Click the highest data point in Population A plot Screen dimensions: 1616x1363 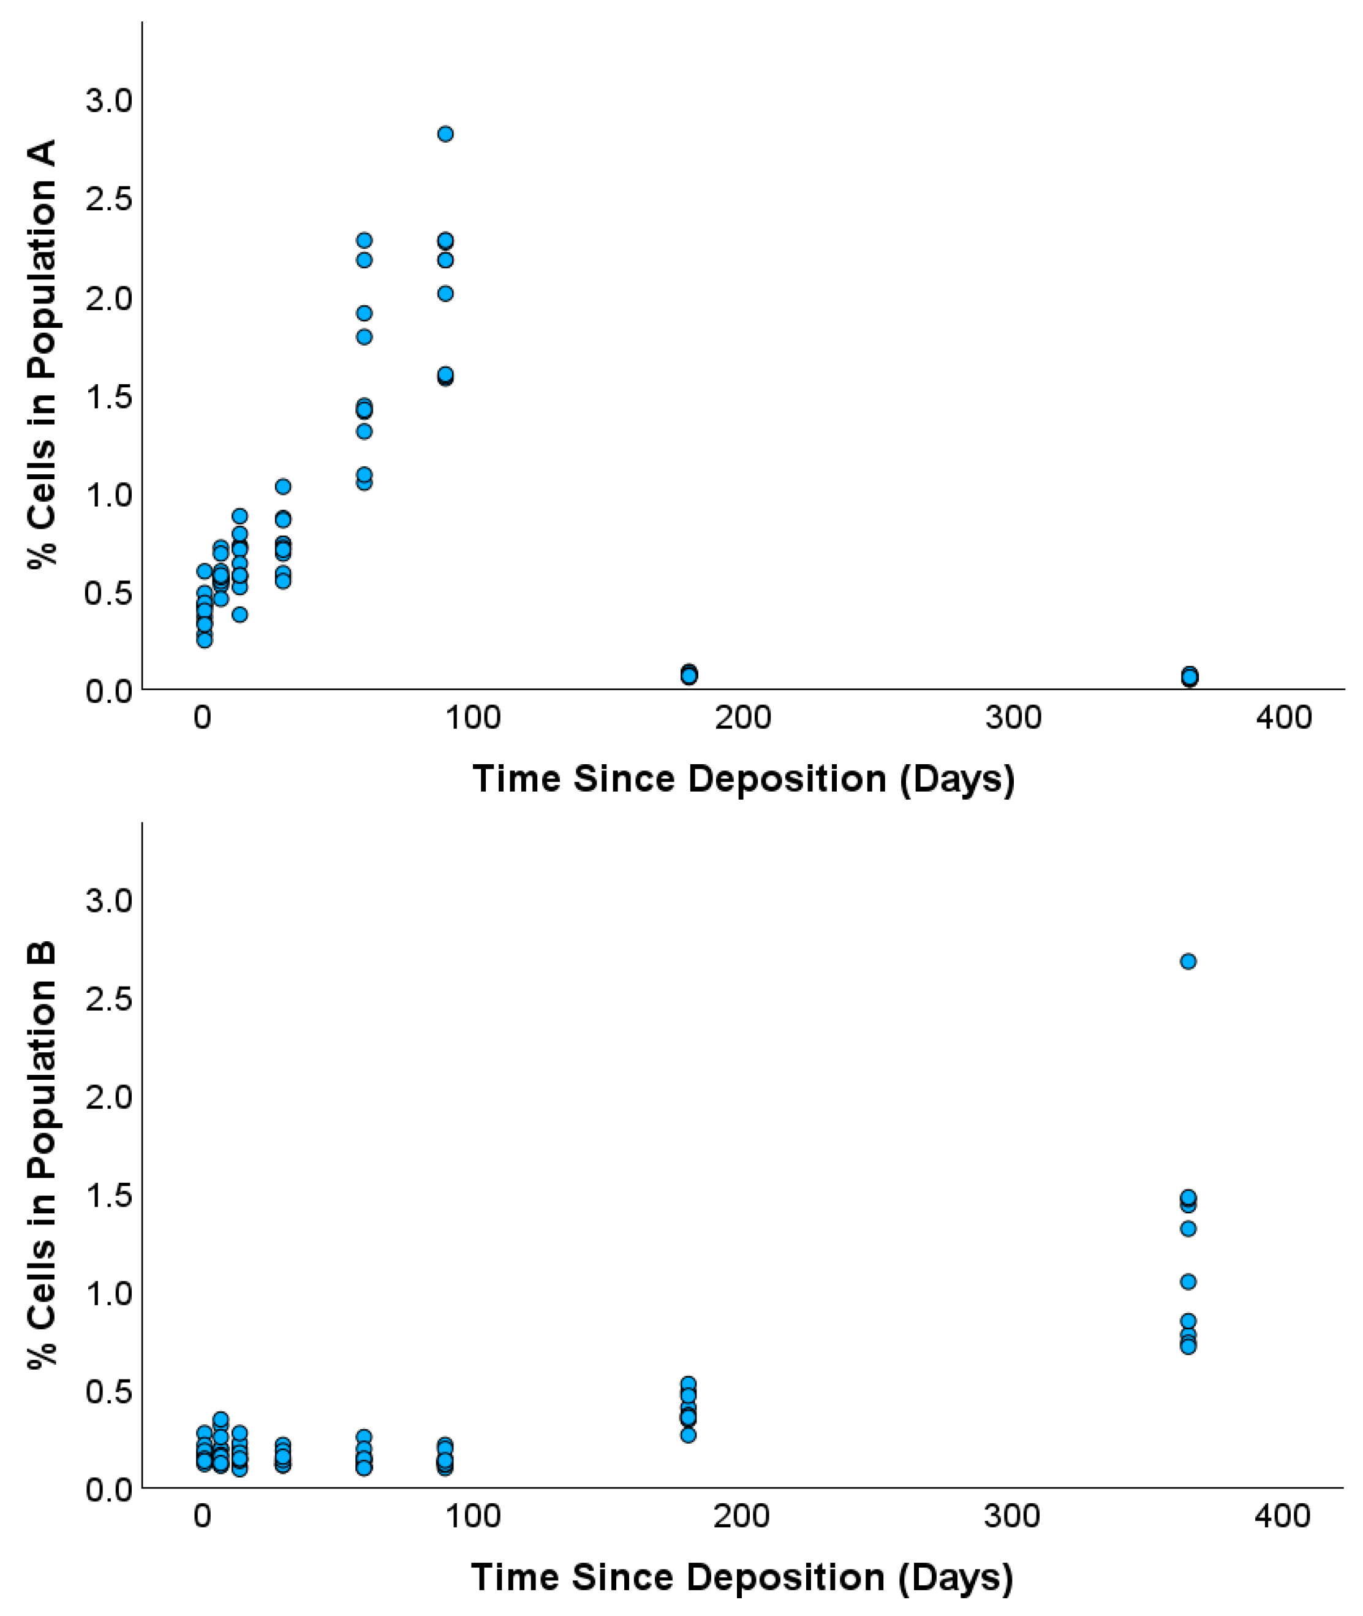(x=445, y=134)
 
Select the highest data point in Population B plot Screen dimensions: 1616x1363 (x=1188, y=962)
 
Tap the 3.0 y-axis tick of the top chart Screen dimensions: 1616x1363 (x=109, y=101)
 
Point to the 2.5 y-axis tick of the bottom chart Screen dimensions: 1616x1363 (x=109, y=1000)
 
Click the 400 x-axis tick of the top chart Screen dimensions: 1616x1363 (x=1283, y=718)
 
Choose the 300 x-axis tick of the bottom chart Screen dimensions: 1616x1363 (x=1011, y=1517)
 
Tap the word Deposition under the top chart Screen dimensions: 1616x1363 (x=786, y=778)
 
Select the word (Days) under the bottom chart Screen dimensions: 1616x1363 (x=955, y=1578)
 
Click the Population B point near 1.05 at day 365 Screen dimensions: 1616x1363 (x=1188, y=1282)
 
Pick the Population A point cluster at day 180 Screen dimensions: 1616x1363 (x=689, y=674)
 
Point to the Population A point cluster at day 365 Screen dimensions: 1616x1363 (x=1190, y=677)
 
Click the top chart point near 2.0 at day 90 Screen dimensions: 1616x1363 (x=445, y=294)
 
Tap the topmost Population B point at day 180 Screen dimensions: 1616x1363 (x=689, y=1383)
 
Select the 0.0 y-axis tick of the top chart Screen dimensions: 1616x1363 (x=109, y=690)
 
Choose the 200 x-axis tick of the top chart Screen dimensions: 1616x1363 (x=742, y=718)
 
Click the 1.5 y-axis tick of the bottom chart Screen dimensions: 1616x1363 (x=109, y=1196)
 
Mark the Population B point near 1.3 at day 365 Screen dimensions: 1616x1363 (x=1188, y=1229)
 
